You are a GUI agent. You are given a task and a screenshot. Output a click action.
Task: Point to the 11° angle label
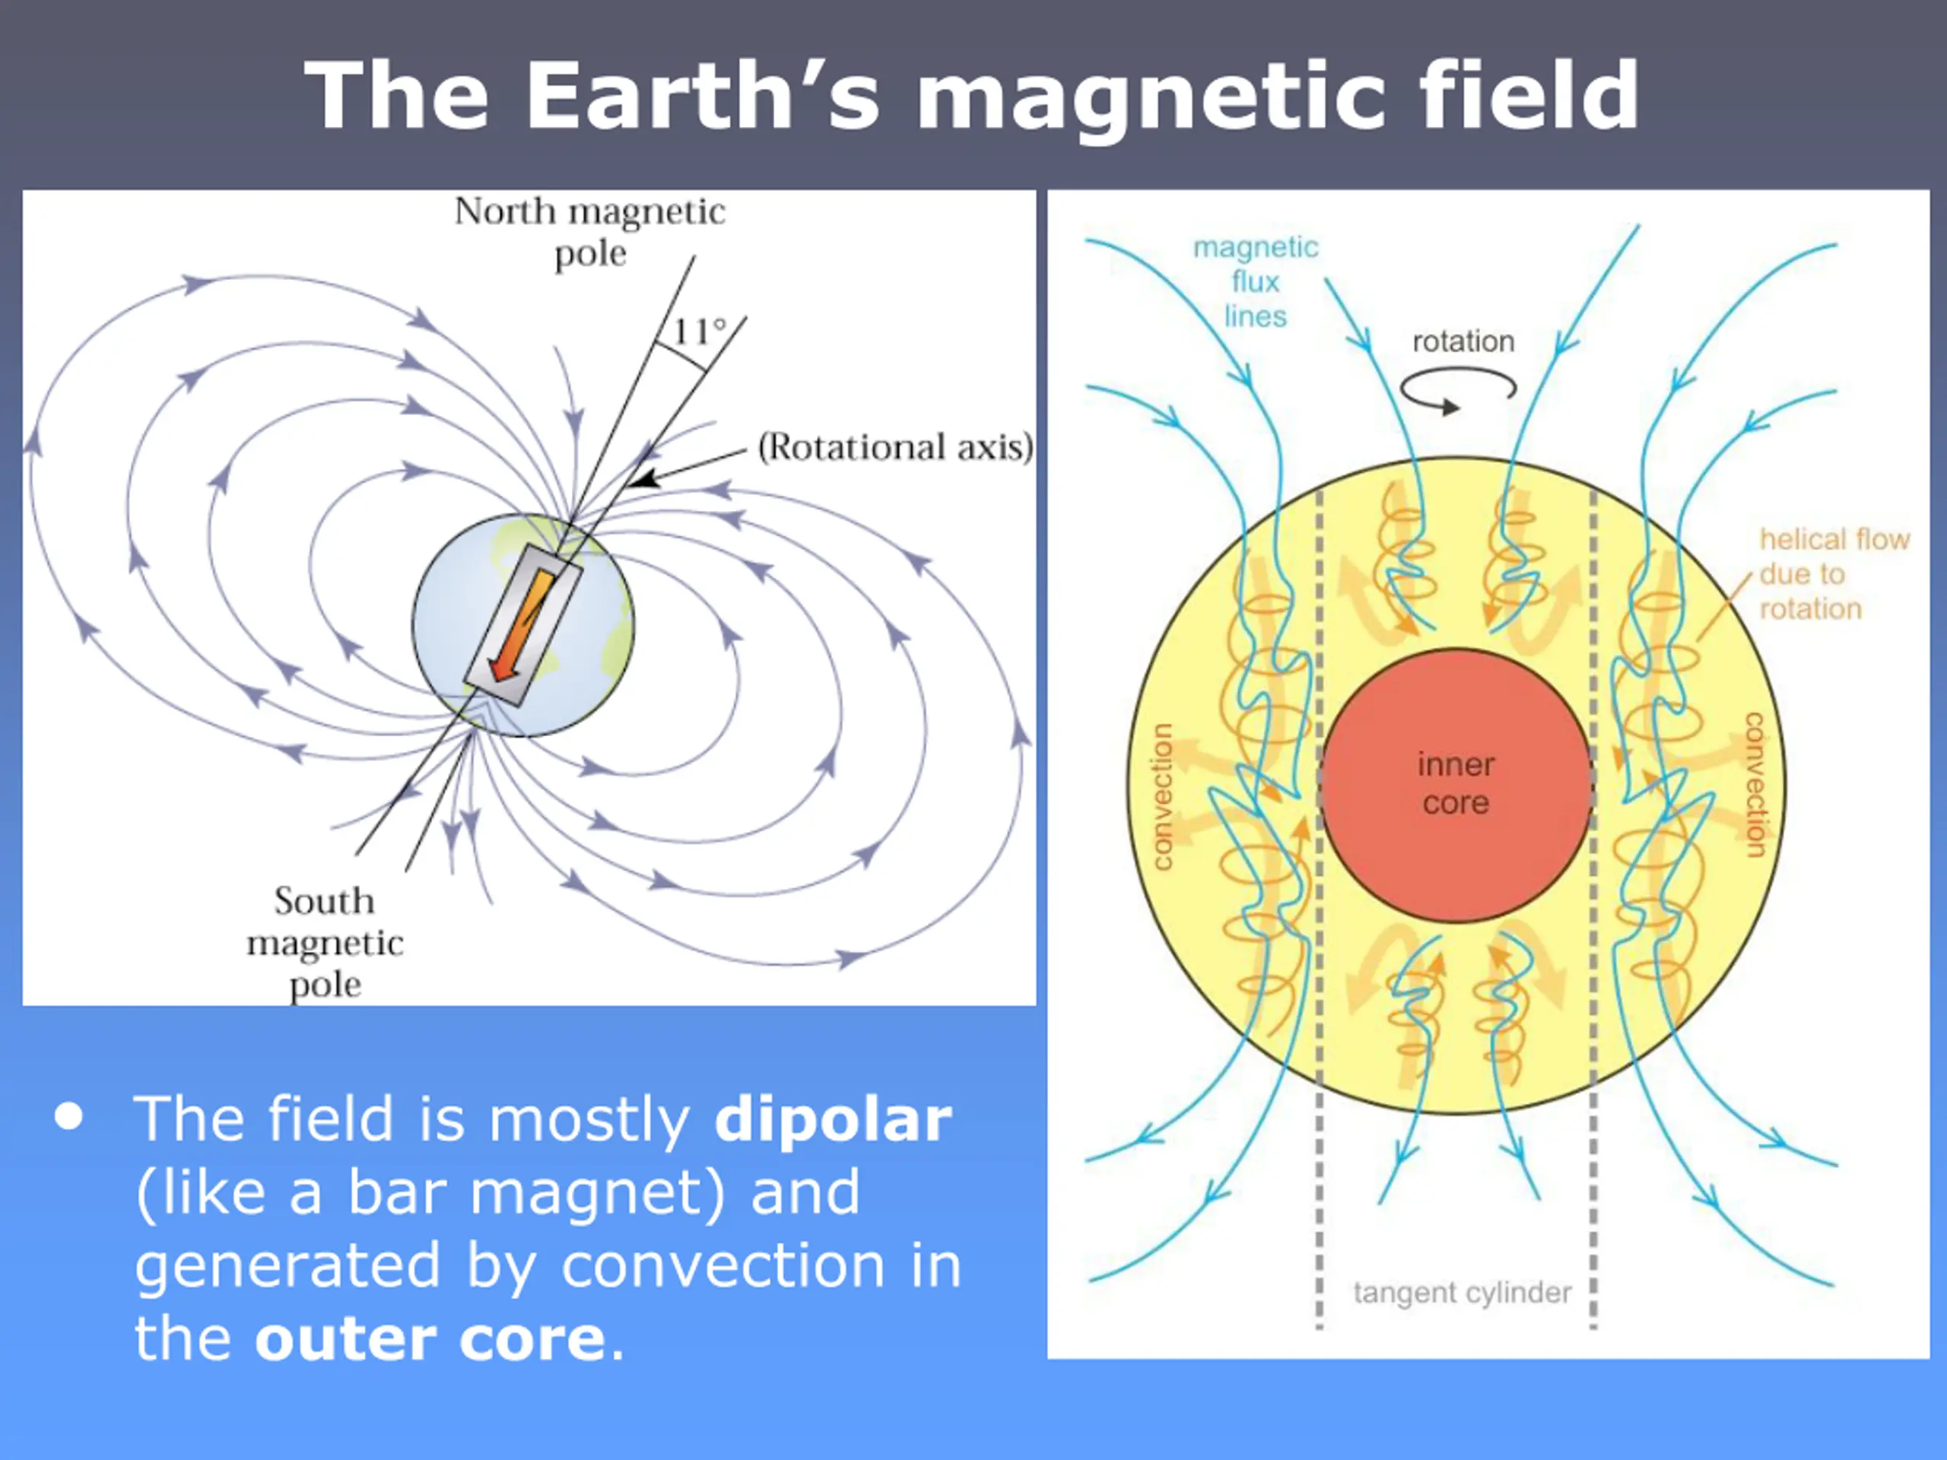pos(700,332)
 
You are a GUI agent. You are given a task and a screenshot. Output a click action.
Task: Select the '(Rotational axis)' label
pos(895,447)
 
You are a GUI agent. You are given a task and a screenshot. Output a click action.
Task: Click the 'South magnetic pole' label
pos(325,942)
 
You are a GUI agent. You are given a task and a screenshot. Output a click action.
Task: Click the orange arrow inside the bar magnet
pos(522,626)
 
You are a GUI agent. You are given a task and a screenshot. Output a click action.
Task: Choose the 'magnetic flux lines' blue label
pos(1255,281)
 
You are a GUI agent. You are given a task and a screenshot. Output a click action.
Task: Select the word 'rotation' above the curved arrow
pos(1463,341)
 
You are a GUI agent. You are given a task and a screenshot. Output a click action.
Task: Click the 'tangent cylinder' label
pos(1462,1293)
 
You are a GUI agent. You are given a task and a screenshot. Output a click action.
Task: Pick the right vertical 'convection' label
pos(1755,784)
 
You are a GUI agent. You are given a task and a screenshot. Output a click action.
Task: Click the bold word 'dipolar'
pos(833,1119)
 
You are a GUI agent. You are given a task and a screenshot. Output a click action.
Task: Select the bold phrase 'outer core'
pos(430,1338)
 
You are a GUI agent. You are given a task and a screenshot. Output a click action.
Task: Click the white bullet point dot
pos(68,1117)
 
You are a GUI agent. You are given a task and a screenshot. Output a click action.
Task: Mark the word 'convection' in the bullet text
pos(723,1265)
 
